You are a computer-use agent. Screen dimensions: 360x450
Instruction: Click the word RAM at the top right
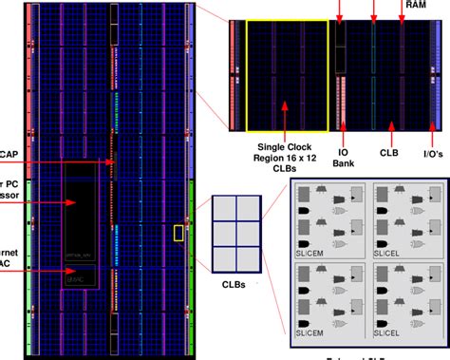click(416, 5)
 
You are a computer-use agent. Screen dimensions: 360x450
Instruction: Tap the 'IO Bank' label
click(343, 157)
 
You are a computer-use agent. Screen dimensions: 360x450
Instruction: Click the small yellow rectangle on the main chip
click(178, 233)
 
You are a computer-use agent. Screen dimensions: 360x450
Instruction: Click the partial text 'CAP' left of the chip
click(9, 154)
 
